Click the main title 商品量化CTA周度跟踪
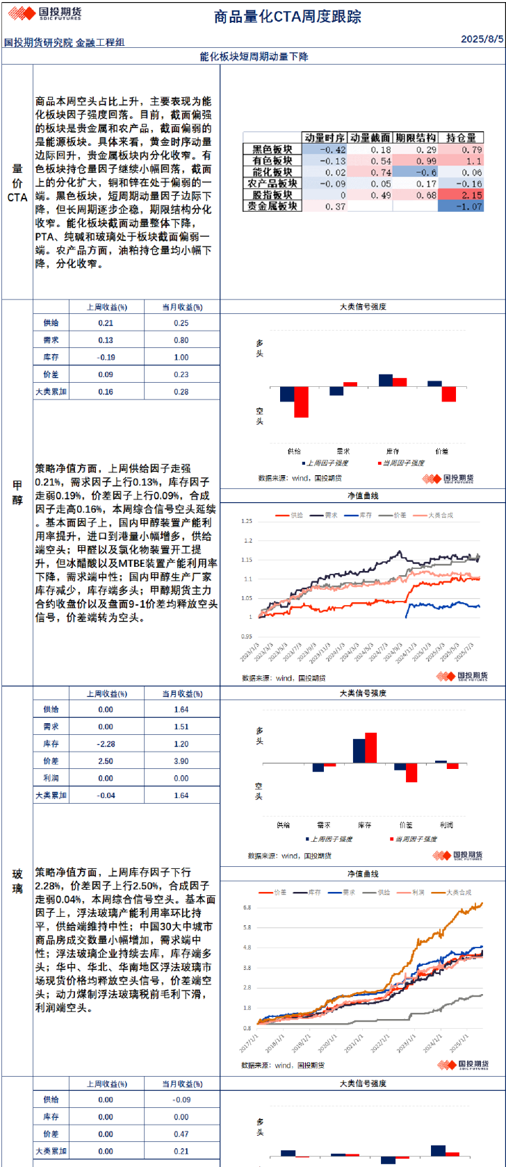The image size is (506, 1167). click(x=287, y=17)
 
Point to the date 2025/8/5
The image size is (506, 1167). click(x=482, y=39)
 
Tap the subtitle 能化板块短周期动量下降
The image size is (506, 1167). click(x=254, y=56)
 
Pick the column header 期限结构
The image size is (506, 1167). click(x=416, y=138)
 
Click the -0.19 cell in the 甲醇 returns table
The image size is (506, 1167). click(x=106, y=357)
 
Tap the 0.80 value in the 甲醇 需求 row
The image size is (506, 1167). click(x=181, y=340)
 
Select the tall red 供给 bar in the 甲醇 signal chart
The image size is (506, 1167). click(x=301, y=402)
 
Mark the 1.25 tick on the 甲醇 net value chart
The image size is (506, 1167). click(x=246, y=521)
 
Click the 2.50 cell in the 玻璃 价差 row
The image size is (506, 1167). click(x=106, y=761)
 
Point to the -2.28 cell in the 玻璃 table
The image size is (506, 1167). click(x=106, y=744)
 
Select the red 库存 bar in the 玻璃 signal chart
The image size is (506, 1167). click(x=370, y=747)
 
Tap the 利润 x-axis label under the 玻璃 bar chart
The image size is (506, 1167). click(x=446, y=825)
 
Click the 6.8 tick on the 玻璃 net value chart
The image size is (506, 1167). click(x=247, y=907)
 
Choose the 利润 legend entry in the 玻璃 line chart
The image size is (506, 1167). click(x=417, y=892)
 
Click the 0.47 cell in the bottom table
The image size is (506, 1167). click(x=181, y=1134)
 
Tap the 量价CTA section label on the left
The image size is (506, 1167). click(x=17, y=183)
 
